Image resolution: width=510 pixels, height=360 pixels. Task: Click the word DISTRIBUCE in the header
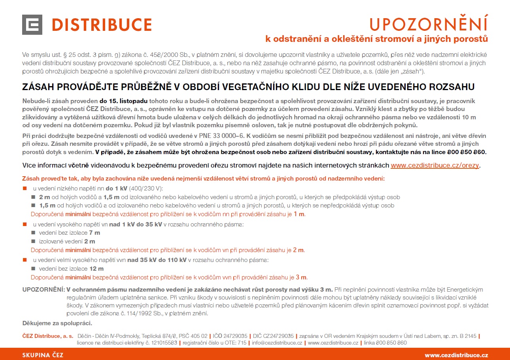click(x=102, y=25)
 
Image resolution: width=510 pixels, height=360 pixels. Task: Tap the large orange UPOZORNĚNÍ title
click(x=429, y=24)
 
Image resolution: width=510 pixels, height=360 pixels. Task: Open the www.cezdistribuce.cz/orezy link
click(x=435, y=165)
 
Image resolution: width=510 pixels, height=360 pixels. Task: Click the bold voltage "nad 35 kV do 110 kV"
click(x=157, y=260)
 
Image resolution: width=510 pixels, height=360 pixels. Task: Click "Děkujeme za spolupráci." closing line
click(x=57, y=323)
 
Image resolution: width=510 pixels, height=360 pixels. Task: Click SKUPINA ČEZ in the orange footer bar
click(x=43, y=355)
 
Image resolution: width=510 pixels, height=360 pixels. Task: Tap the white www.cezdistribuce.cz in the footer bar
click(x=456, y=355)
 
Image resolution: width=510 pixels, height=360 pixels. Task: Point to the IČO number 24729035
click(x=236, y=336)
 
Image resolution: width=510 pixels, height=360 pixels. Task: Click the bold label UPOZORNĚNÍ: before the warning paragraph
click(x=43, y=290)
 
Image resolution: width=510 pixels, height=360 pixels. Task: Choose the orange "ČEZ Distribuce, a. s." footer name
click(x=48, y=336)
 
